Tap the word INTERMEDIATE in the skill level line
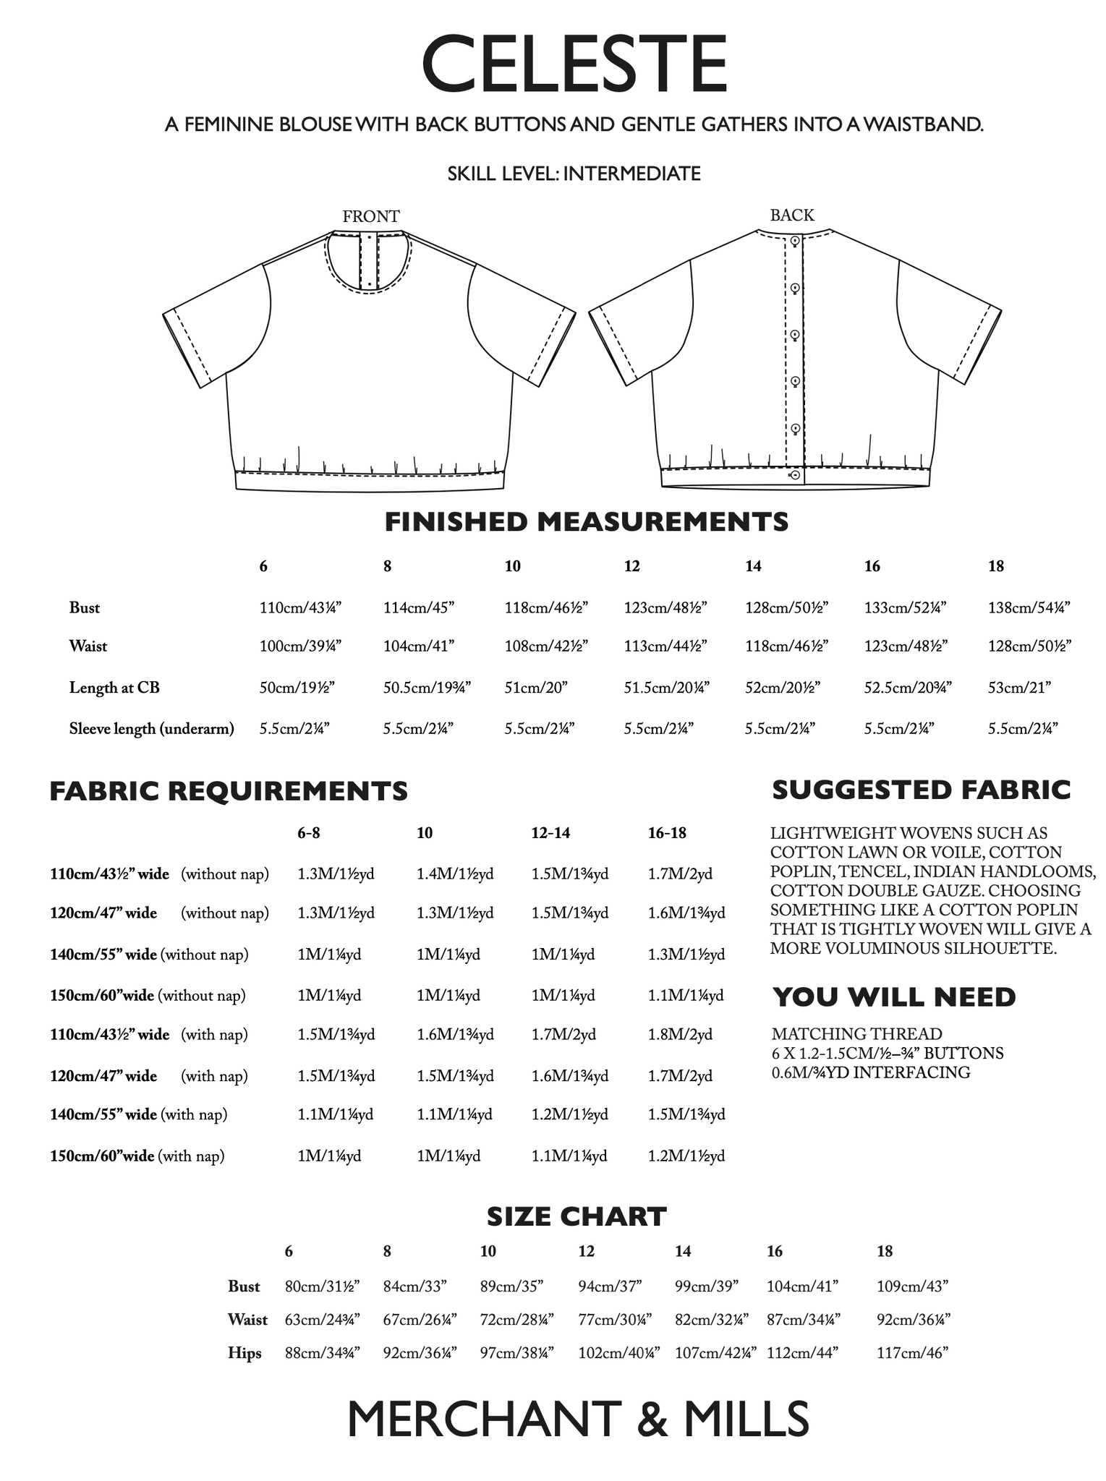tap(631, 174)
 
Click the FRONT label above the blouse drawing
tap(370, 216)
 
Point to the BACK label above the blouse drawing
tap(792, 215)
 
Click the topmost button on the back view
tap(795, 241)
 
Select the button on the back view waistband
tap(795, 475)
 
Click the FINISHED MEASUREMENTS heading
tap(586, 522)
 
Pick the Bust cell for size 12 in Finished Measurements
tap(665, 607)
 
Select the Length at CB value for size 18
tap(1019, 687)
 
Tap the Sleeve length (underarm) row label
tap(151, 728)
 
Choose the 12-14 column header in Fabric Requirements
tap(550, 832)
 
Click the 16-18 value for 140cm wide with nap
tap(686, 1114)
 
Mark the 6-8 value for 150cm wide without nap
tap(329, 995)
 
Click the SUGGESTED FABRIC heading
tap(921, 790)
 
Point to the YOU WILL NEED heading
tap(894, 997)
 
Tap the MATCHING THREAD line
tap(856, 1034)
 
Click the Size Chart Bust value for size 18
tap(911, 1286)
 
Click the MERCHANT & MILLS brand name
tap(578, 1419)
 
